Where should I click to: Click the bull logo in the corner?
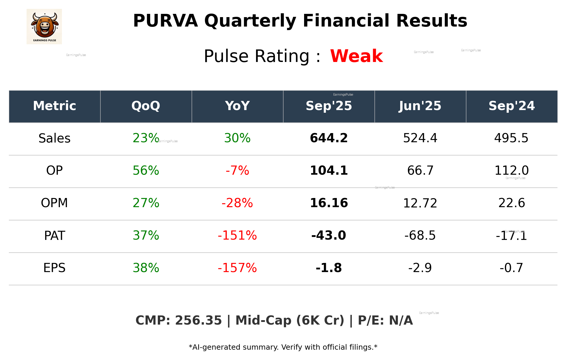[x=44, y=27]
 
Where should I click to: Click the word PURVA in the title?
[x=165, y=21]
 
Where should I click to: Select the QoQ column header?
[x=146, y=106]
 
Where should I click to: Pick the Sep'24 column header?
[x=511, y=106]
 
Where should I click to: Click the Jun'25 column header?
[x=420, y=106]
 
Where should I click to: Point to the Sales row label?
[x=55, y=138]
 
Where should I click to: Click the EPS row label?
[x=55, y=268]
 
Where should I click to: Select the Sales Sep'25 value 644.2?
[x=329, y=138]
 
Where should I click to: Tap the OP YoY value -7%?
[x=237, y=171]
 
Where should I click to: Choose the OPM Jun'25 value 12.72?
[x=420, y=203]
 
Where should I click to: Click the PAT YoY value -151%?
[x=237, y=235]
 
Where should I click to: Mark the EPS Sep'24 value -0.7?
[x=511, y=268]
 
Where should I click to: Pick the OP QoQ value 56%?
[x=146, y=171]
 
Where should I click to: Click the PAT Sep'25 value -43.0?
[x=329, y=235]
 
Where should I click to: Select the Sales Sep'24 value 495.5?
[x=511, y=138]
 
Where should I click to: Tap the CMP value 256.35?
[x=198, y=320]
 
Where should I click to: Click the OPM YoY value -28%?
[x=237, y=203]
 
